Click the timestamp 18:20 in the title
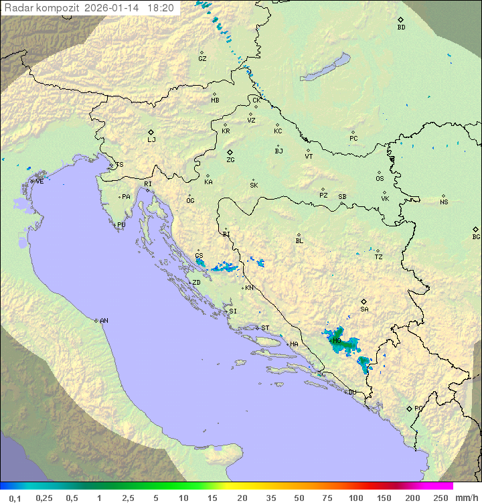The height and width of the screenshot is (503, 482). click(x=161, y=8)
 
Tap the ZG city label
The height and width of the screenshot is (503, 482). click(x=230, y=160)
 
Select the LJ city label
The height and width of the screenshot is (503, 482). click(x=151, y=140)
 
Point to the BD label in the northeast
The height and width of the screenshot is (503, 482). click(x=401, y=27)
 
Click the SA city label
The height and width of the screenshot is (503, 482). click(x=364, y=309)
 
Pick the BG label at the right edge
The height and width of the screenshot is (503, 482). click(x=476, y=237)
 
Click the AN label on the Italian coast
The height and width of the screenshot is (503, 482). click(x=104, y=321)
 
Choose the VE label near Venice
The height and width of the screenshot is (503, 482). click(x=39, y=182)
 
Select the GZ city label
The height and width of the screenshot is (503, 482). click(x=202, y=59)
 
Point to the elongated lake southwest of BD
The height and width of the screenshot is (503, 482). click(x=325, y=68)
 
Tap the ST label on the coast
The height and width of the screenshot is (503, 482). click(x=265, y=328)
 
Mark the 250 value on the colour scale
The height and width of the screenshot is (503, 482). click(x=440, y=498)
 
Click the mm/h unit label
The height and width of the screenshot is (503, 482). click(x=466, y=498)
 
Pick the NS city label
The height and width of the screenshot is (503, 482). click(x=444, y=202)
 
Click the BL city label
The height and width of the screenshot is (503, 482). click(x=299, y=241)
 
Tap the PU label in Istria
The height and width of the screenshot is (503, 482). click(x=121, y=225)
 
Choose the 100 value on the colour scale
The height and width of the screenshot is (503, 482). click(x=355, y=498)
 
